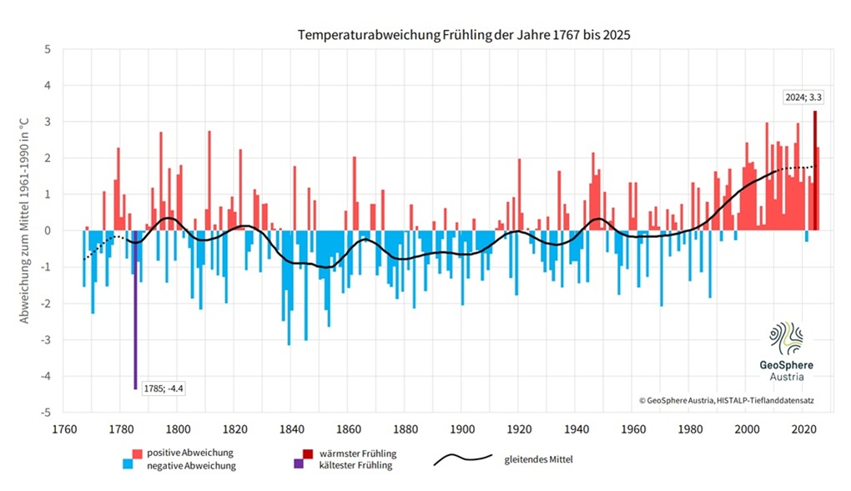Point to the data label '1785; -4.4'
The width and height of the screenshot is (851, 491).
(x=163, y=388)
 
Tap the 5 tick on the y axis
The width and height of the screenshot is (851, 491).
(x=48, y=49)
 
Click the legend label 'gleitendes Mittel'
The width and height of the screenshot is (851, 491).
(x=538, y=458)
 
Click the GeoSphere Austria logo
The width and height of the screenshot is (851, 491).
(x=785, y=352)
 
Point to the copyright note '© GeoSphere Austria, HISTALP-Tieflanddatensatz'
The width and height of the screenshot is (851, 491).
(x=726, y=401)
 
